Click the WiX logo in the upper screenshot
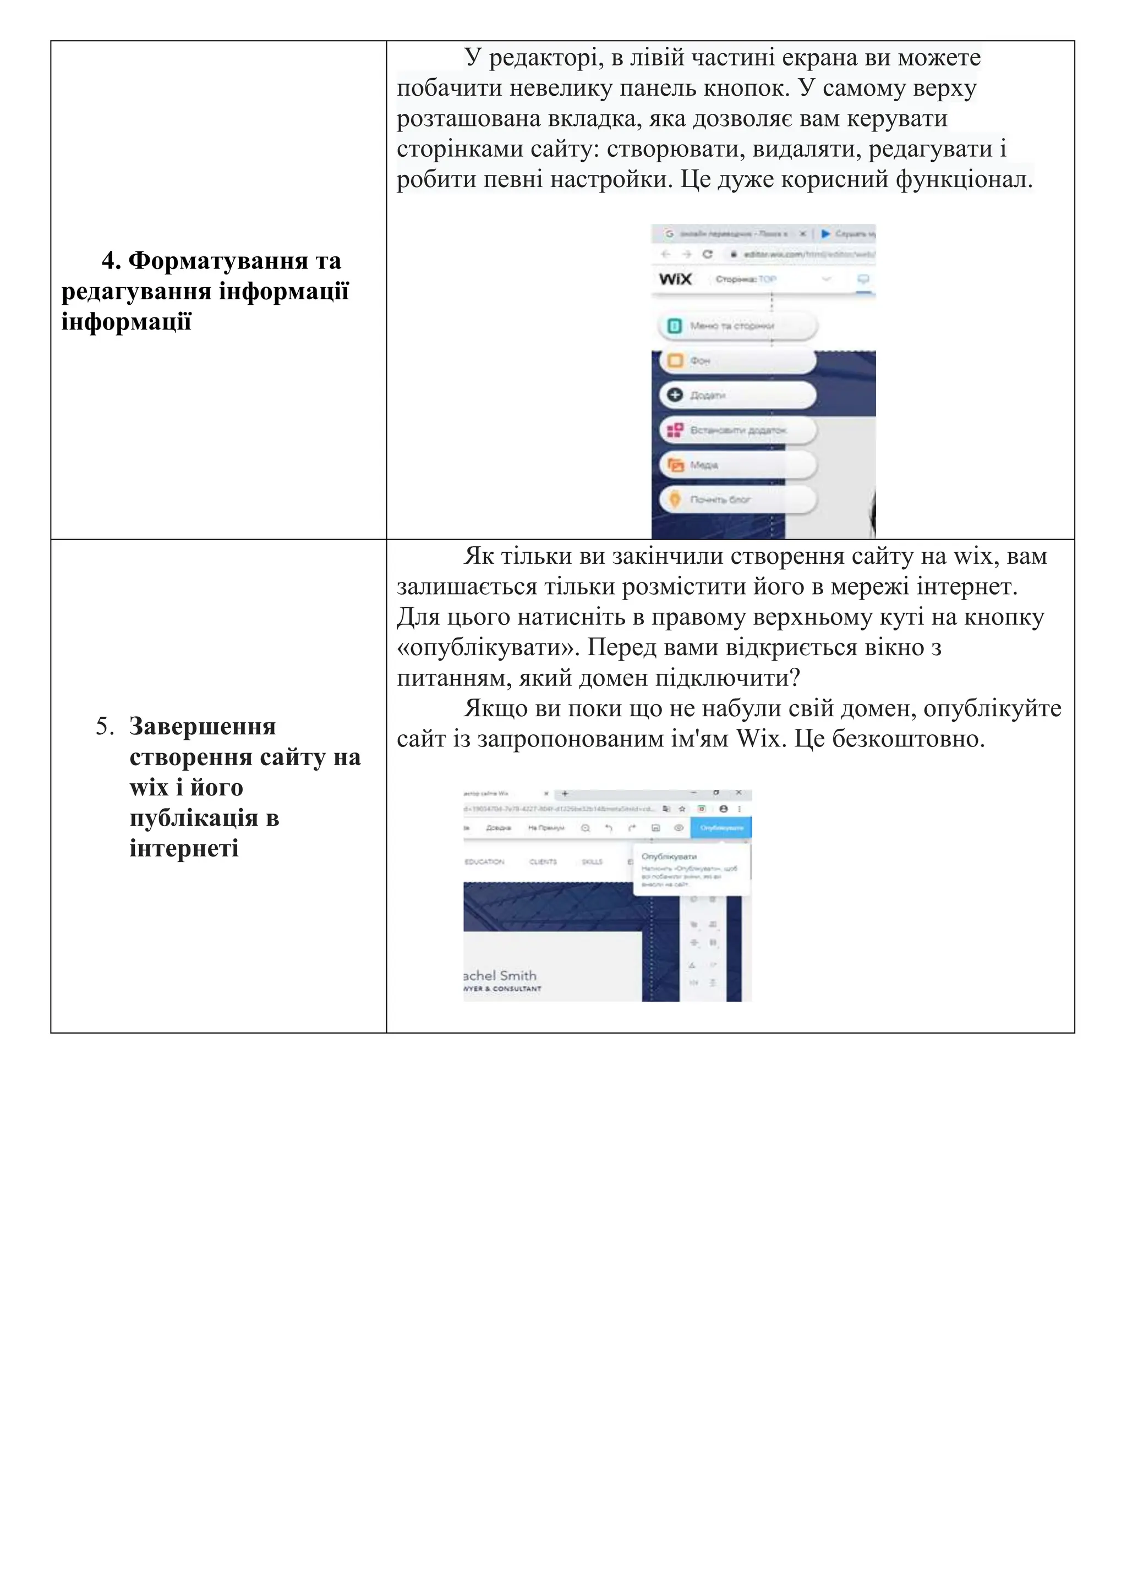[675, 279]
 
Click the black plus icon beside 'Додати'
[675, 395]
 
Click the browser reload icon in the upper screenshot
[707, 254]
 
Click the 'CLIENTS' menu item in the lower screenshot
[543, 862]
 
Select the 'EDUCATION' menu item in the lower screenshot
[484, 862]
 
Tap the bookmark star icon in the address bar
[682, 809]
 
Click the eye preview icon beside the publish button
[679, 828]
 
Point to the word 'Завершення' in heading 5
[203, 727]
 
